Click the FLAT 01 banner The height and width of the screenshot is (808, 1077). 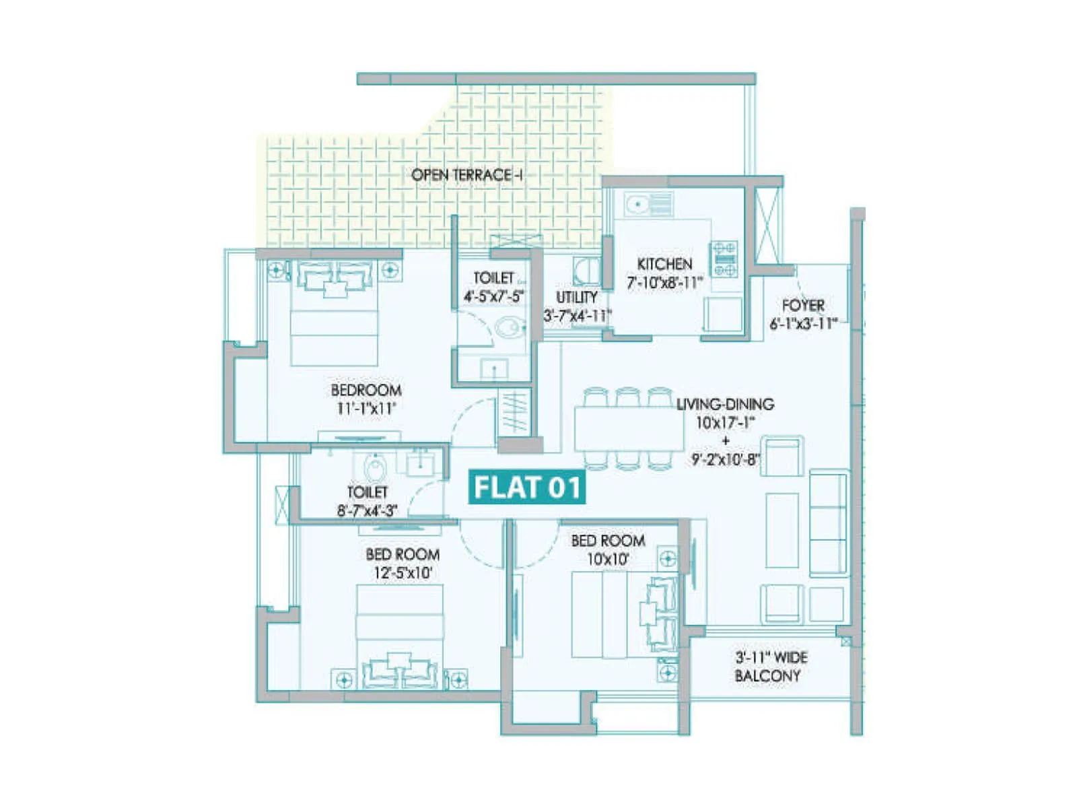527,487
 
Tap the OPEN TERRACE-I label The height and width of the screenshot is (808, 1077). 467,175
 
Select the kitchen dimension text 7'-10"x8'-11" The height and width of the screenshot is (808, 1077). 664,283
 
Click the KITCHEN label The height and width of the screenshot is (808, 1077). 664,264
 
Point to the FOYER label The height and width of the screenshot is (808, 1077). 803,305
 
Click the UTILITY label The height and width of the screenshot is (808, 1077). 577,297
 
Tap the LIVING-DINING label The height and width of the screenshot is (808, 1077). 725,404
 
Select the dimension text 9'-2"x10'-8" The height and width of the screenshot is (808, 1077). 725,460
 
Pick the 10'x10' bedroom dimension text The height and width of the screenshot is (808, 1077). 608,559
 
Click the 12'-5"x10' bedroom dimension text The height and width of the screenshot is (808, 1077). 403,573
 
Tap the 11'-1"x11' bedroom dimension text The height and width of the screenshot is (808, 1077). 366,408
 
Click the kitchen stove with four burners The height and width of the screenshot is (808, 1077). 725,259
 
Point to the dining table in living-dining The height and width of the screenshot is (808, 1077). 628,428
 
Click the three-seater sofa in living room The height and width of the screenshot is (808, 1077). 828,523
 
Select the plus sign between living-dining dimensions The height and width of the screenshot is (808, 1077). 725,441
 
